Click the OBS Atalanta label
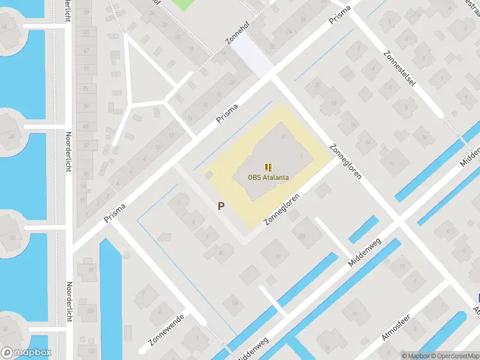(x=268, y=177)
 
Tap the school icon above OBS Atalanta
(x=268, y=167)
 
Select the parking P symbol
(x=221, y=206)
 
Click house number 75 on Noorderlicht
(x=86, y=89)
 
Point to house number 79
(x=86, y=108)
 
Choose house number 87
(x=86, y=145)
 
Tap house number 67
(x=86, y=50)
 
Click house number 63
(x=86, y=32)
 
